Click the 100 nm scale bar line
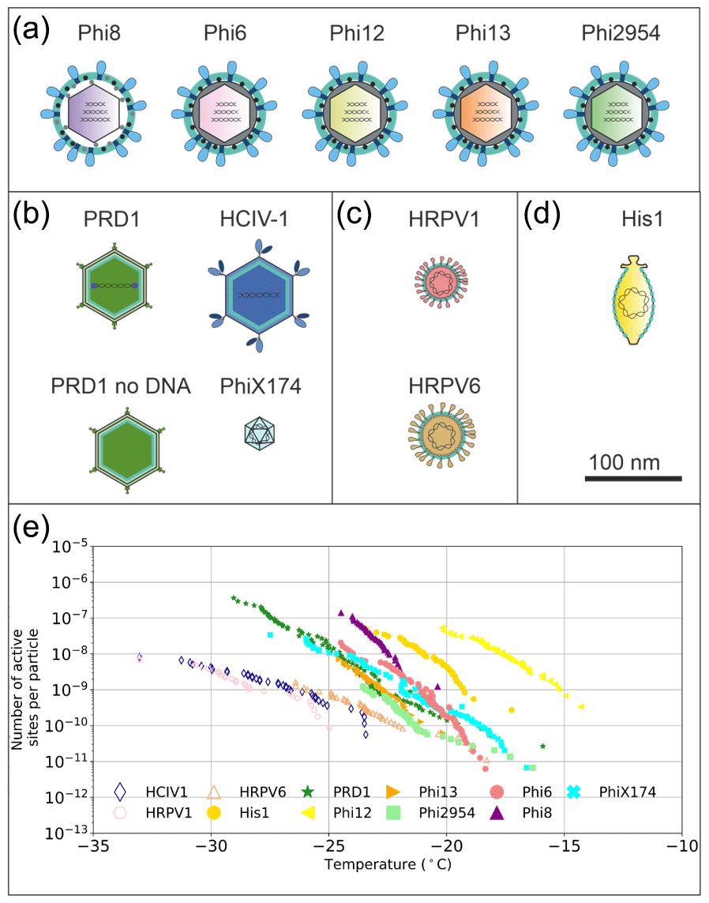click(x=633, y=478)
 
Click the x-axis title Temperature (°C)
click(x=387, y=864)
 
